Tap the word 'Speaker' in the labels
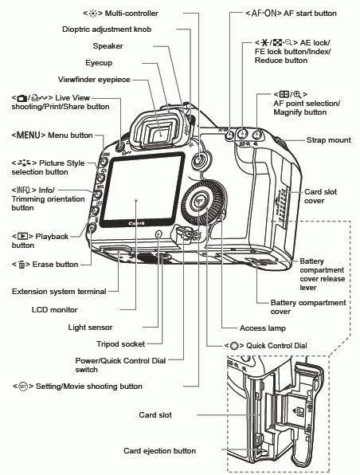[108, 46]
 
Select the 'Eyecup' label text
[103, 62]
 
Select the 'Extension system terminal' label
[59, 292]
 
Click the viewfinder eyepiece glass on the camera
[163, 135]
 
